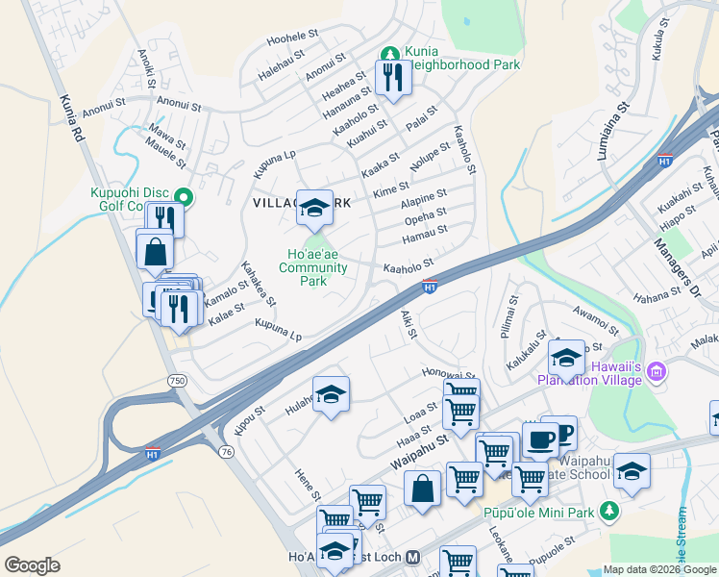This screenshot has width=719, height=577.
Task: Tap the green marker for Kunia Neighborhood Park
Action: (390, 54)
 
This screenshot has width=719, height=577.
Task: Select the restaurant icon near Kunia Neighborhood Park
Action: (393, 78)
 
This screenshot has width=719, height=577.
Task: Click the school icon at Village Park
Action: (314, 207)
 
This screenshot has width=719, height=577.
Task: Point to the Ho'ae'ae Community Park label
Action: (313, 267)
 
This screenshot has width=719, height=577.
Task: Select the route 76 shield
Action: (226, 451)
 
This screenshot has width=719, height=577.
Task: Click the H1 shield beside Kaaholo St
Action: (431, 286)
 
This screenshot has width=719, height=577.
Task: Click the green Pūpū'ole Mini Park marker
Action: (607, 512)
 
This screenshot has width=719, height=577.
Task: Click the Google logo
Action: (32, 565)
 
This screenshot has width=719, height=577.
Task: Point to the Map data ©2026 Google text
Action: (659, 569)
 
